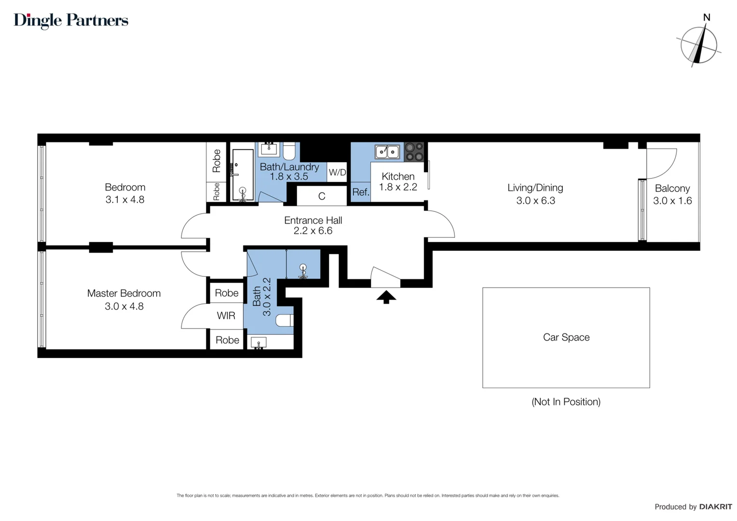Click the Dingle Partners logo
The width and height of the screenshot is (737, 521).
(71, 21)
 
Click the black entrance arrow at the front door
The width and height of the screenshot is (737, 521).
(386, 297)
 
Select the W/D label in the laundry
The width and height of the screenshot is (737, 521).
(338, 172)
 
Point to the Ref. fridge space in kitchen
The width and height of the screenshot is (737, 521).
(361, 192)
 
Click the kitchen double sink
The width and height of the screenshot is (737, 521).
(387, 152)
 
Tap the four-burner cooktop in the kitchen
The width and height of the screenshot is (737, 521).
(414, 152)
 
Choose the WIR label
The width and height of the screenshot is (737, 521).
(226, 315)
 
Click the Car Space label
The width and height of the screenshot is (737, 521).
(566, 337)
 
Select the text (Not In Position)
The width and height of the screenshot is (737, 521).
(566, 401)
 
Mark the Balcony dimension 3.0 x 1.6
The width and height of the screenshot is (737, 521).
(672, 200)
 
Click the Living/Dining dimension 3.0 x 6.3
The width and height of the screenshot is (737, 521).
(536, 200)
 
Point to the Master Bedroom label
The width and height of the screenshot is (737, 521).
(124, 293)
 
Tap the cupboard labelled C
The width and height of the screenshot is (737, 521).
(322, 196)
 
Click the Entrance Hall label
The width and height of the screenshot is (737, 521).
(313, 220)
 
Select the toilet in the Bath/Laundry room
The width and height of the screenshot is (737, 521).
(289, 151)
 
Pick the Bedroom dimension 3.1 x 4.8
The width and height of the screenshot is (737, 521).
(125, 199)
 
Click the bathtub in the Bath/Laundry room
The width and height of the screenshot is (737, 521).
(243, 175)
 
